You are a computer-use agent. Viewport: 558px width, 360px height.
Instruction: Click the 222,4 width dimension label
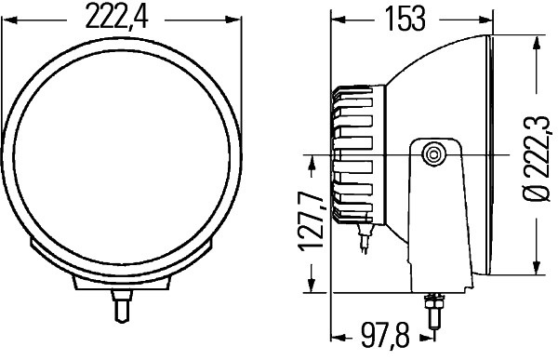(x=116, y=17)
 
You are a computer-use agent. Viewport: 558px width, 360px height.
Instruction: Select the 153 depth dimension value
(x=405, y=19)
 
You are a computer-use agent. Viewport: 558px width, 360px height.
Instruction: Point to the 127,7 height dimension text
(x=311, y=220)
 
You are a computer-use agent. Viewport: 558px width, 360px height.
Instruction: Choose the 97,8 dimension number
(x=385, y=335)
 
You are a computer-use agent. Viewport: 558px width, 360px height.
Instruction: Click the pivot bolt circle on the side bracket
(x=433, y=155)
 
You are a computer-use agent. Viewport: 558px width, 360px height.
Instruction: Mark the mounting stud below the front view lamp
(x=122, y=305)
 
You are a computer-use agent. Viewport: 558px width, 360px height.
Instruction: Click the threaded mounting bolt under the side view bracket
(x=433, y=311)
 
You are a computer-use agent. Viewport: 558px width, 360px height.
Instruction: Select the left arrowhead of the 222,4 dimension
(x=9, y=20)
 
